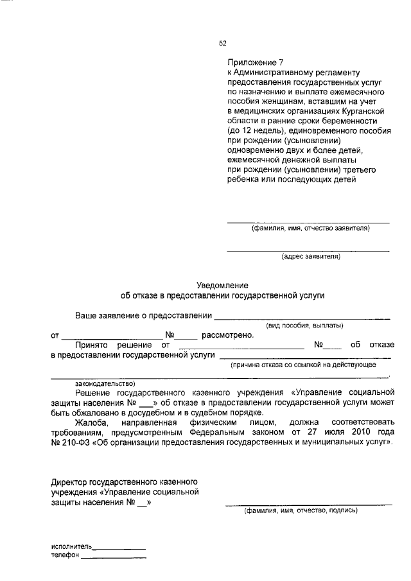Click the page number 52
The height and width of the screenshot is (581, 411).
click(x=223, y=44)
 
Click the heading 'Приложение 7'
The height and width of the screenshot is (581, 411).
click(x=255, y=63)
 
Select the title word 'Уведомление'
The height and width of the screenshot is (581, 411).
click(x=222, y=285)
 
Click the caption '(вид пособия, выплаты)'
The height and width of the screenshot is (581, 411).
click(x=304, y=325)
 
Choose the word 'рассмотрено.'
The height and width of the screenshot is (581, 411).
click(x=228, y=334)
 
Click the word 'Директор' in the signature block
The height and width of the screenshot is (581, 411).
click(x=71, y=481)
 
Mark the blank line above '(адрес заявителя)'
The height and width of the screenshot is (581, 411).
click(x=308, y=250)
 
